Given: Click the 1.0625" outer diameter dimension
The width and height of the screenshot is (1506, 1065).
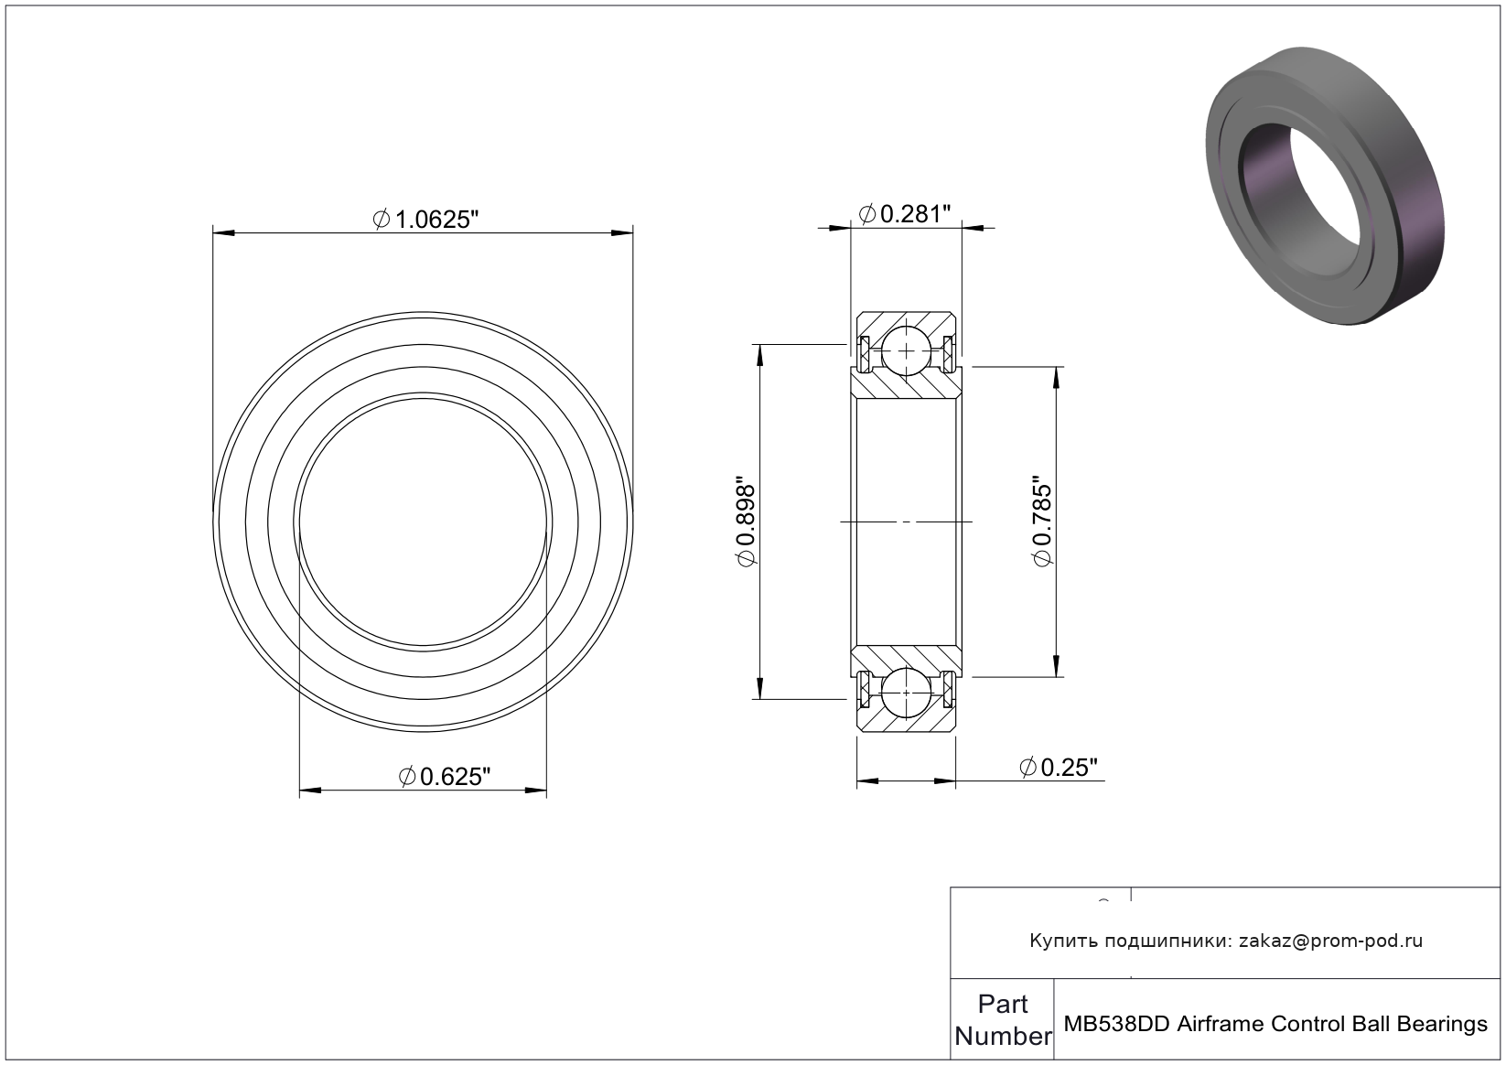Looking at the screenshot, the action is (425, 220).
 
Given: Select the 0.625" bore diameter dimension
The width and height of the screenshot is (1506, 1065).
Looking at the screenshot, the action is (445, 777).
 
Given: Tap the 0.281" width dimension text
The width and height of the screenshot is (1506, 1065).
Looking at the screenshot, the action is (905, 214).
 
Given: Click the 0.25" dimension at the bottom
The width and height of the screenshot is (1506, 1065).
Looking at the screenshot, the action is (1059, 767).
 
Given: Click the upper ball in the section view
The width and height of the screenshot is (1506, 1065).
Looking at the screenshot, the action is (907, 351).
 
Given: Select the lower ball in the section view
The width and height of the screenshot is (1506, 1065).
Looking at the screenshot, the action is (907, 693).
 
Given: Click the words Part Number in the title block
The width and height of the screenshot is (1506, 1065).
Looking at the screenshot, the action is (1003, 1020).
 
